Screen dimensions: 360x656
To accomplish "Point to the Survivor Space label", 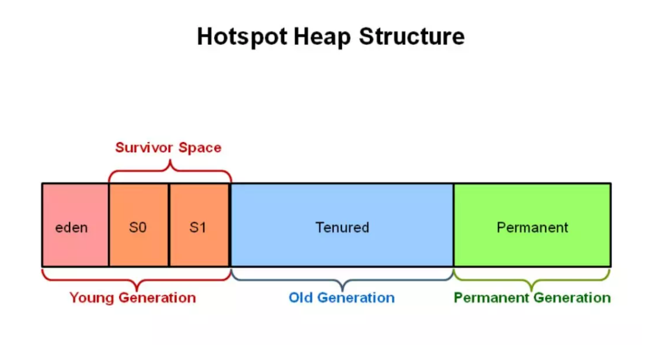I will (x=168, y=148).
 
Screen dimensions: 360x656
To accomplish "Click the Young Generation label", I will (x=133, y=298).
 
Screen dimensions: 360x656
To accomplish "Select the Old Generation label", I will (x=341, y=298).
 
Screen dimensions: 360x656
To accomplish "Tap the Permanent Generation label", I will (x=532, y=298).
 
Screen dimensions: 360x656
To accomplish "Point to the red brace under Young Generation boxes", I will (x=136, y=277).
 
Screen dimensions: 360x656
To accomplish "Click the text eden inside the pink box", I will (x=71, y=228).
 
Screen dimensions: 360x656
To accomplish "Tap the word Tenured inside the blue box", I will (x=342, y=228).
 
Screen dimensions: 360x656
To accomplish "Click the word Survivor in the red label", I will (x=145, y=148).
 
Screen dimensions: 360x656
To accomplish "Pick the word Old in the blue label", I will (x=300, y=298).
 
